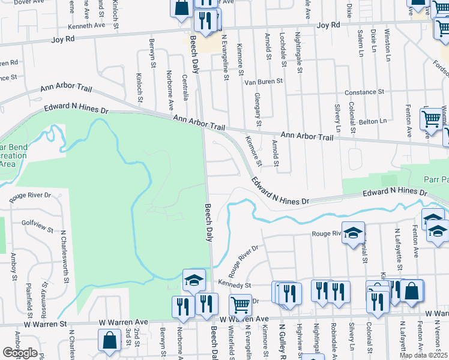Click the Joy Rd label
tap(328, 25)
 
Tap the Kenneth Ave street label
tap(87, 25)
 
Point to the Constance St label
tap(364, 92)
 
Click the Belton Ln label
tap(373, 121)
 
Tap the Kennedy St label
tap(234, 286)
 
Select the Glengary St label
tap(258, 109)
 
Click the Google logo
tap(20, 353)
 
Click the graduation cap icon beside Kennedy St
tap(194, 279)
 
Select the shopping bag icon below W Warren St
tap(110, 341)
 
